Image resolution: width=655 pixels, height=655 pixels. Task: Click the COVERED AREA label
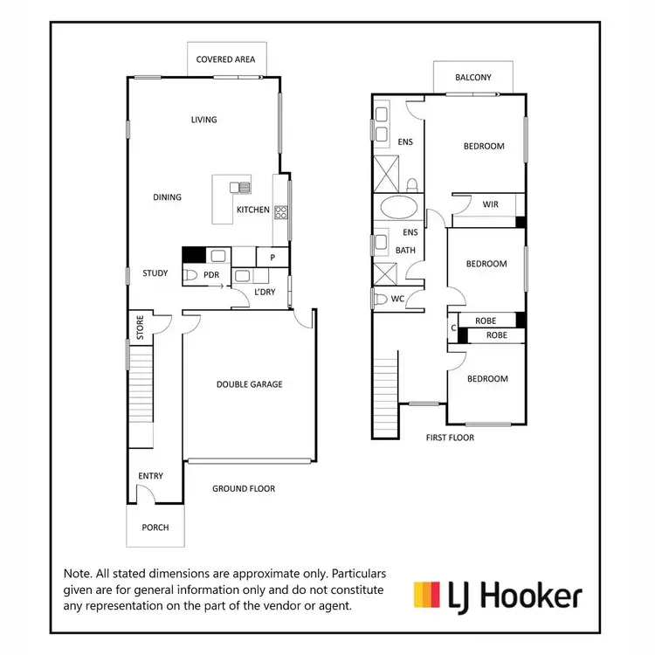pyautogui.click(x=225, y=59)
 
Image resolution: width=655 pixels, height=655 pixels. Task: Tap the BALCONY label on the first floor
pyautogui.click(x=473, y=78)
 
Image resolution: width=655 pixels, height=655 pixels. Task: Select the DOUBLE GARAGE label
pyautogui.click(x=250, y=384)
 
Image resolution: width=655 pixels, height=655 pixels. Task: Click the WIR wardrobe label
pyautogui.click(x=490, y=204)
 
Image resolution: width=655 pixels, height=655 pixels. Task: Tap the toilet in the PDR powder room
pyautogui.click(x=191, y=275)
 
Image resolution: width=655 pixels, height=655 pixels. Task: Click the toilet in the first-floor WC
pyautogui.click(x=379, y=300)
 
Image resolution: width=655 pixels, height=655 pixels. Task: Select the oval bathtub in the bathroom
pyautogui.click(x=399, y=209)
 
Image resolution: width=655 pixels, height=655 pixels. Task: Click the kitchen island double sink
pyautogui.click(x=240, y=187)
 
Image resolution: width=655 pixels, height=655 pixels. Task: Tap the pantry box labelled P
pyautogui.click(x=272, y=258)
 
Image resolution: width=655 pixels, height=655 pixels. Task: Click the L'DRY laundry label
pyautogui.click(x=264, y=293)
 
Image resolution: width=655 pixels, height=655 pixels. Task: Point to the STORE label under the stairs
pyautogui.click(x=139, y=327)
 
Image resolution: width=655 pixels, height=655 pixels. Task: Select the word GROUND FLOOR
pyautogui.click(x=244, y=489)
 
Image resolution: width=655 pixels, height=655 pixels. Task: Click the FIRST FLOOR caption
pyautogui.click(x=450, y=438)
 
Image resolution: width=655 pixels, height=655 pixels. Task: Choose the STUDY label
pyautogui.click(x=155, y=273)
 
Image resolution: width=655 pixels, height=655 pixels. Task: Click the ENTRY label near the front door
pyautogui.click(x=150, y=476)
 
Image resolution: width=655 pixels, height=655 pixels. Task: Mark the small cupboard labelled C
pyautogui.click(x=452, y=328)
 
